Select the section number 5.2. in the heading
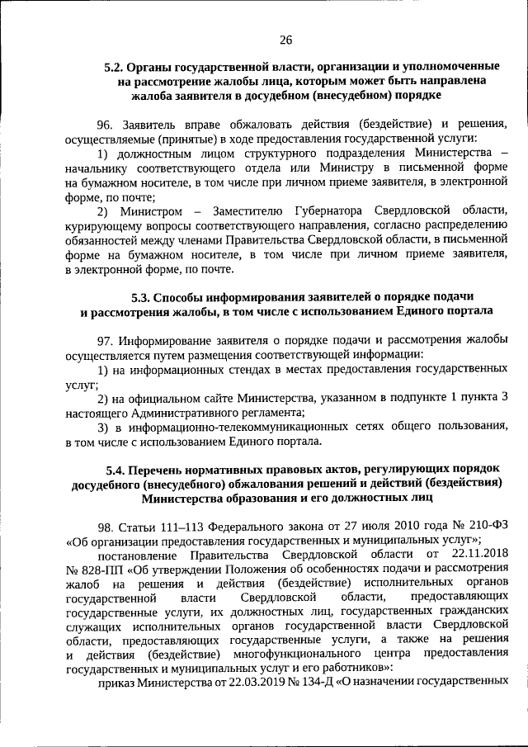(115, 65)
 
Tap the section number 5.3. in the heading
(143, 295)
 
